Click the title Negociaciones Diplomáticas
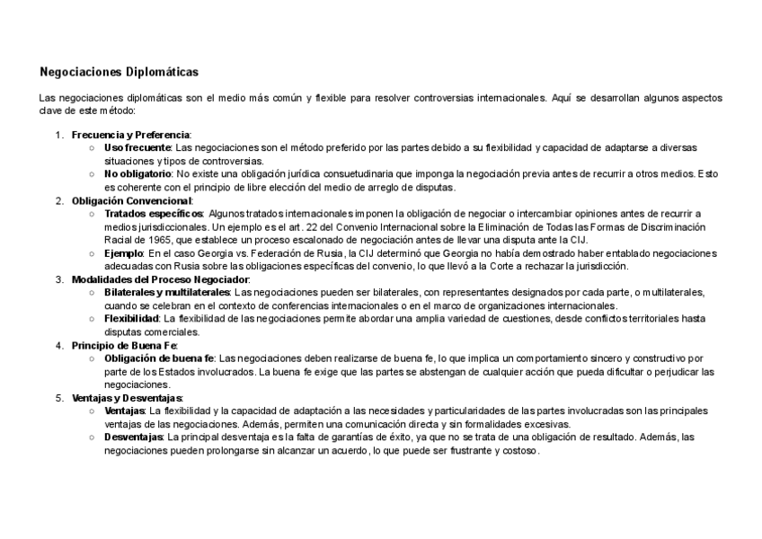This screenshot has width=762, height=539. [120, 71]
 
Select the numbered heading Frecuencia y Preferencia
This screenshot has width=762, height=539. [131, 134]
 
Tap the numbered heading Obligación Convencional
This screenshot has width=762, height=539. [131, 200]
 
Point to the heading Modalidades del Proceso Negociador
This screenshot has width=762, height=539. [160, 279]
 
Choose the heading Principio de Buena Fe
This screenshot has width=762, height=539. [125, 345]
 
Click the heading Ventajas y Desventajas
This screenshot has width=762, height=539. [127, 397]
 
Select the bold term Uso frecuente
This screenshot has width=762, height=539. [137, 147]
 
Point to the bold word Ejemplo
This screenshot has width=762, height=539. [124, 253]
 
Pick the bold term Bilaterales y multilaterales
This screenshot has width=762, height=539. [167, 293]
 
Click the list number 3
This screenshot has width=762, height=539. [58, 279]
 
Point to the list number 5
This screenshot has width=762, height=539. [58, 397]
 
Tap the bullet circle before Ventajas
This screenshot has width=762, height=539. [93, 411]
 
